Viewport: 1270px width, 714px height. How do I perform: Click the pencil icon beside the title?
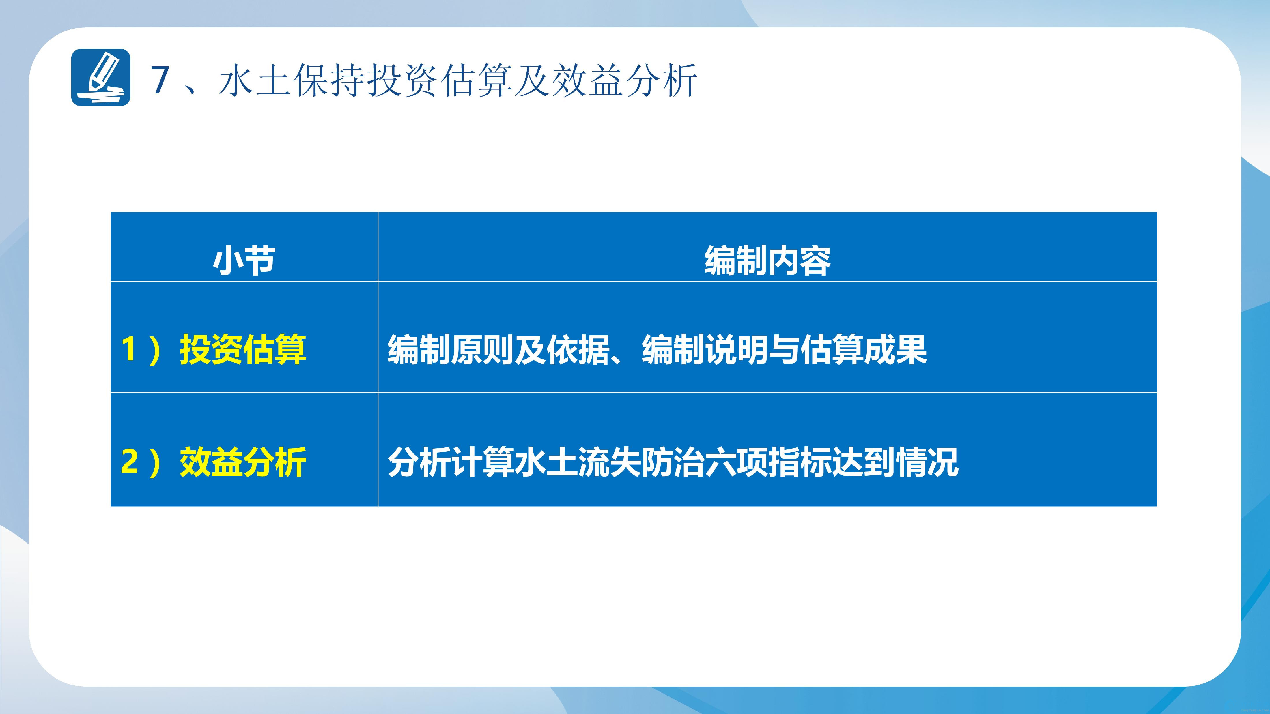[x=101, y=77]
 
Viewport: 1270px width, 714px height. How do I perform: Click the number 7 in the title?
[x=160, y=80]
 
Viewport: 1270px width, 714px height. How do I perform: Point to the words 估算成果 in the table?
[x=864, y=349]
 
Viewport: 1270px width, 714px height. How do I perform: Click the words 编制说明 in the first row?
[x=705, y=349]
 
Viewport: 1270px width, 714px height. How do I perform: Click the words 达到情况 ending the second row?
[x=895, y=462]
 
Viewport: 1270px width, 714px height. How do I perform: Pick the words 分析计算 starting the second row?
[x=451, y=462]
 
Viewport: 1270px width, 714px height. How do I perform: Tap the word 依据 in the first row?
[x=578, y=349]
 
